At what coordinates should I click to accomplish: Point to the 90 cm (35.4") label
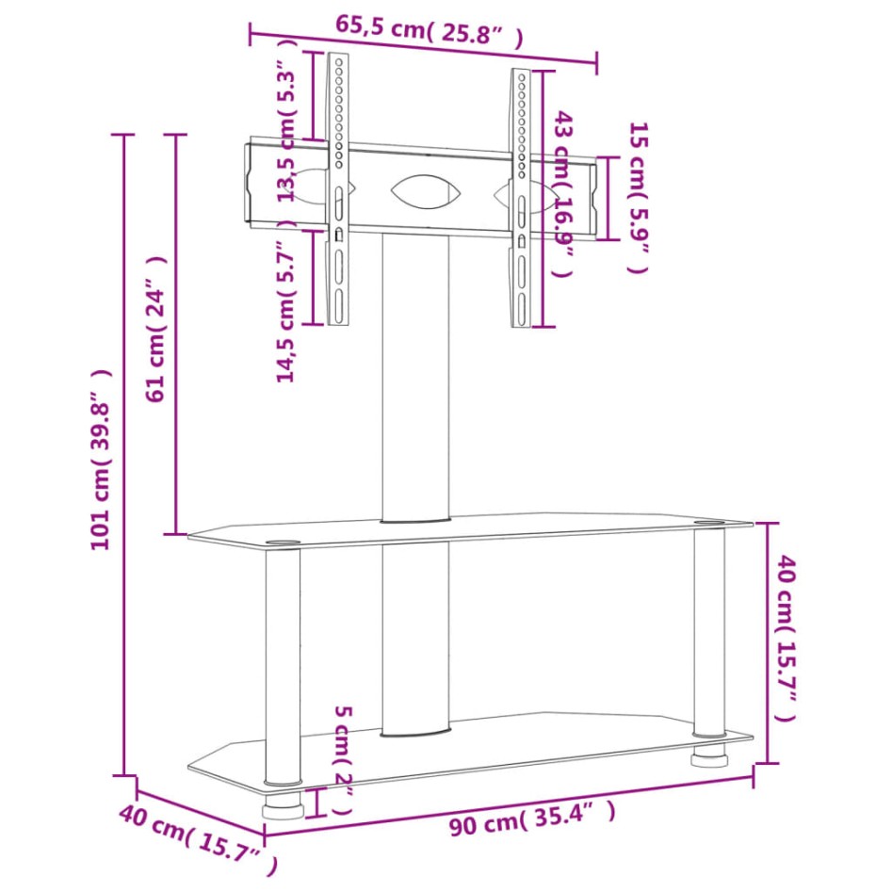533,819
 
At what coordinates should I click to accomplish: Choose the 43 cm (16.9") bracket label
563,193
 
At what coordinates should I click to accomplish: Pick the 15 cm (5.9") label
639,198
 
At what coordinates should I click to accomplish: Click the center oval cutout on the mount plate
427,192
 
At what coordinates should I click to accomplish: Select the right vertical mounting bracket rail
520,198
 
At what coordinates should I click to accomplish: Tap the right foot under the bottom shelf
708,758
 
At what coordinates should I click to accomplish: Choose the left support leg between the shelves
283,664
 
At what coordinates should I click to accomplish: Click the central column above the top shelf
415,377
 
